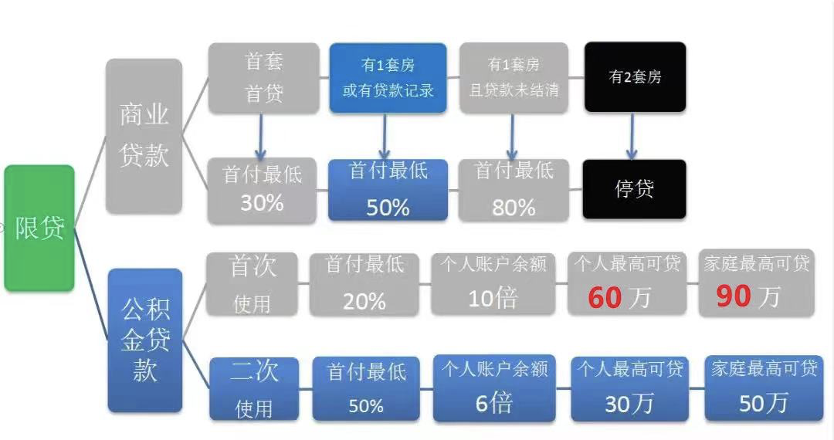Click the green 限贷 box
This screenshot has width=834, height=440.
click(39, 228)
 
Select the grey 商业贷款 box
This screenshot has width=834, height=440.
click(144, 136)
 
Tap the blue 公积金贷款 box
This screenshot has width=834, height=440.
click(144, 340)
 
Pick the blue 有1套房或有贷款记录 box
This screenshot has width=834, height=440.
click(388, 78)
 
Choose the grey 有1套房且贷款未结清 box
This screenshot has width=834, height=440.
click(514, 78)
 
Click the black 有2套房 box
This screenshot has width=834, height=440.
click(635, 77)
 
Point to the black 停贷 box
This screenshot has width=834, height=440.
click(635, 189)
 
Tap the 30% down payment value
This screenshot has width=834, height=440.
click(262, 203)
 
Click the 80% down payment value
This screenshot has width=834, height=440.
click(514, 207)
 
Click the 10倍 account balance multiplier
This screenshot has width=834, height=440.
click(493, 298)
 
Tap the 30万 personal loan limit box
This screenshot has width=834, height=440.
click(629, 389)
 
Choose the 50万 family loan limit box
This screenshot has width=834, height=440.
click(764, 388)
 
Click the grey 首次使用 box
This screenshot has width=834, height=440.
click(253, 284)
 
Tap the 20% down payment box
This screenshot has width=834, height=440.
click(364, 284)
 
